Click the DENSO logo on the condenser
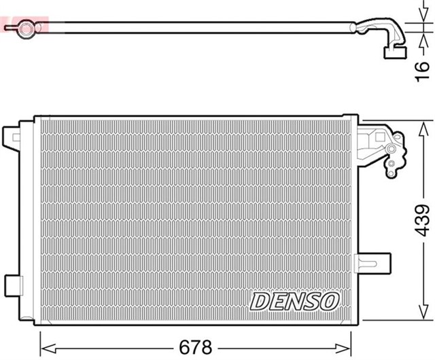(x=295, y=300)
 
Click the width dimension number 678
(x=195, y=346)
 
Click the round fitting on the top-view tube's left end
(x=26, y=28)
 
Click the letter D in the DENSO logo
(x=260, y=300)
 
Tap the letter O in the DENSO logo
(x=329, y=300)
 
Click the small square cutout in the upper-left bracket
(x=16, y=138)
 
